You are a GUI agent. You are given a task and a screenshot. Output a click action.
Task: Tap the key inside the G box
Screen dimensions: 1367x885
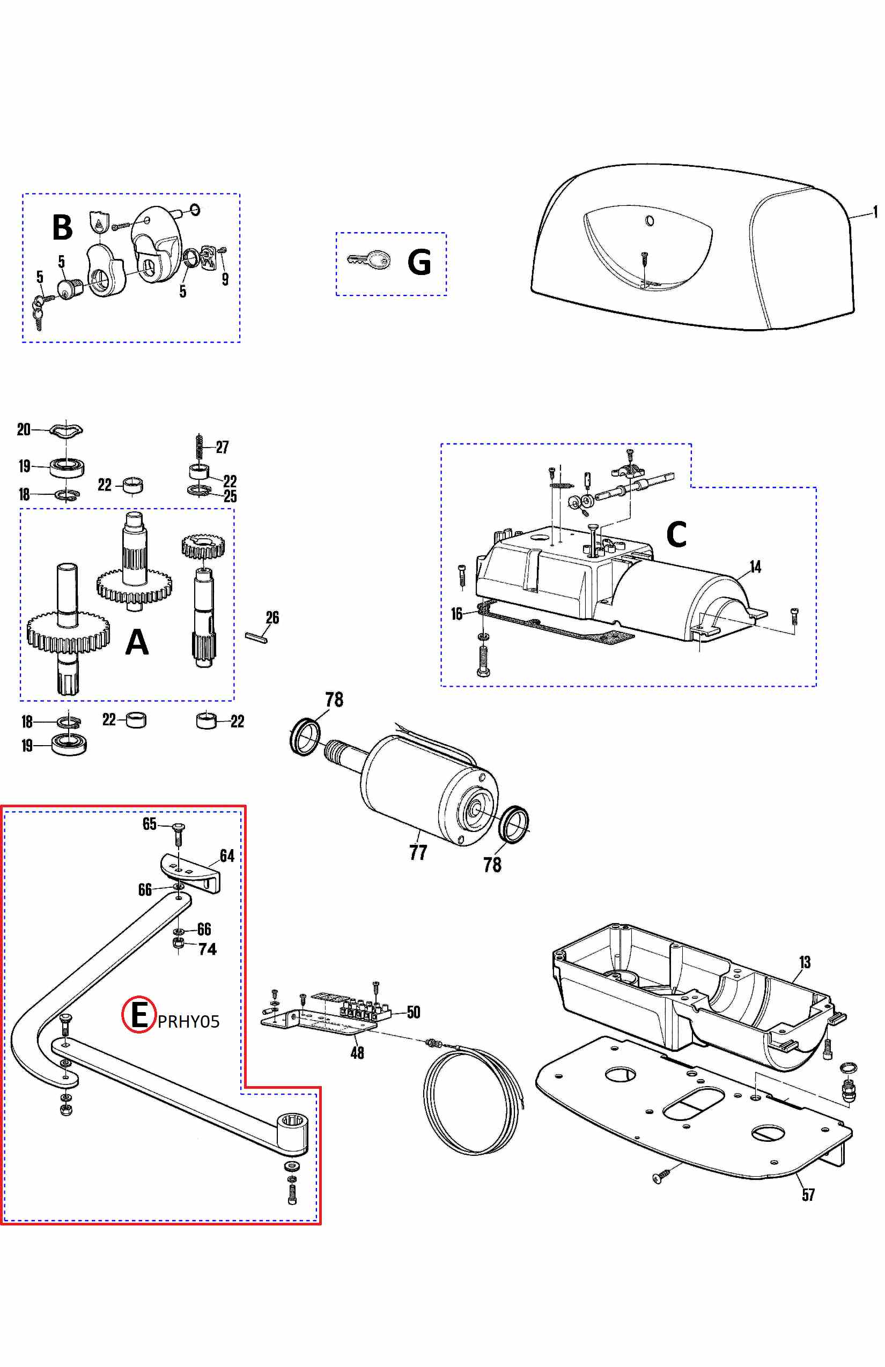(369, 260)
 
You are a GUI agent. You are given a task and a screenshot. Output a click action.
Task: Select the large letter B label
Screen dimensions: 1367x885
(62, 227)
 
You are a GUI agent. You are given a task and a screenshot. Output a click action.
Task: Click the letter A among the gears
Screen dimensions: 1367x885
(137, 642)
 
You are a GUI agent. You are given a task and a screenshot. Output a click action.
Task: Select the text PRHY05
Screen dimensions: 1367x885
(188, 1021)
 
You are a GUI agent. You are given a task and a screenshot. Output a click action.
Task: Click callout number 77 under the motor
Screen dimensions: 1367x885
(418, 852)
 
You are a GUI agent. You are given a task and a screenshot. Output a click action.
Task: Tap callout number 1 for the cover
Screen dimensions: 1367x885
(875, 212)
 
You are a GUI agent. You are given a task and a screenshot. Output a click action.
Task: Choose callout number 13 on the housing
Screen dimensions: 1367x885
(805, 962)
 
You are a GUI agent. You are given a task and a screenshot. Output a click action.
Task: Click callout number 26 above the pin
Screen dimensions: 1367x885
(272, 618)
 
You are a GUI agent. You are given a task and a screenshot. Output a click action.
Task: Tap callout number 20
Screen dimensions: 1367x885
(24, 429)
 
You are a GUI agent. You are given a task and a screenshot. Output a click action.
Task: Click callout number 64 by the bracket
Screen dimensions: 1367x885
(227, 856)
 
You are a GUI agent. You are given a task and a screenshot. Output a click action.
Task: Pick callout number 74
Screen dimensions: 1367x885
(208, 949)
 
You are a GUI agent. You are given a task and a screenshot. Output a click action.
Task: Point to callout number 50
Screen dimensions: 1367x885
(413, 1012)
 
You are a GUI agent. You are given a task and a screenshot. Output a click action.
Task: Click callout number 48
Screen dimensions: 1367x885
(357, 1053)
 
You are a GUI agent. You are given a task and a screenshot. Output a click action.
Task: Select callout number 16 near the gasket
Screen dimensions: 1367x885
(456, 614)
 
